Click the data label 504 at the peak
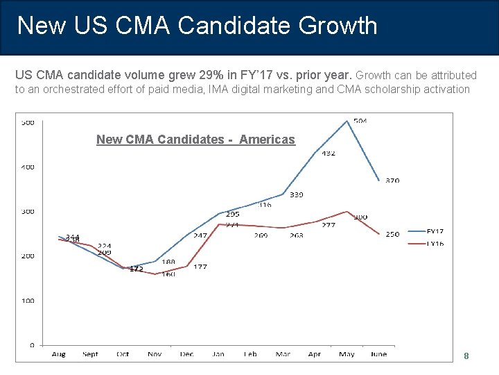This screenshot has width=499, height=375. [360, 121]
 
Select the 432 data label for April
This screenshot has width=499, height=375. [328, 153]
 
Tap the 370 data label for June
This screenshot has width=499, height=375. [392, 181]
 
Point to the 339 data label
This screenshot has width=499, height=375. [296, 194]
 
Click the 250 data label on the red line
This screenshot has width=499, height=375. [392, 234]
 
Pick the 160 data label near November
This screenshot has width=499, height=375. [168, 274]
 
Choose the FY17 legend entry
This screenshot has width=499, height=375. [435, 231]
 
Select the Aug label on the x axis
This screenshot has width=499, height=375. [59, 354]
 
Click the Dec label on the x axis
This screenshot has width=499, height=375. [186, 354]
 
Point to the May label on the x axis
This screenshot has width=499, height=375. [347, 354]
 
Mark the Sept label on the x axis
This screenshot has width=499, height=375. [90, 354]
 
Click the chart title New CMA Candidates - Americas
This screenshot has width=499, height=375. [195, 140]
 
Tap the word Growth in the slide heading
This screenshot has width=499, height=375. [338, 26]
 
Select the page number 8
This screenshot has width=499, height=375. [466, 356]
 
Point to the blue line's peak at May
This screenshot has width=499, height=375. [347, 121]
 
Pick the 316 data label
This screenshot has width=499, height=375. [265, 205]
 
